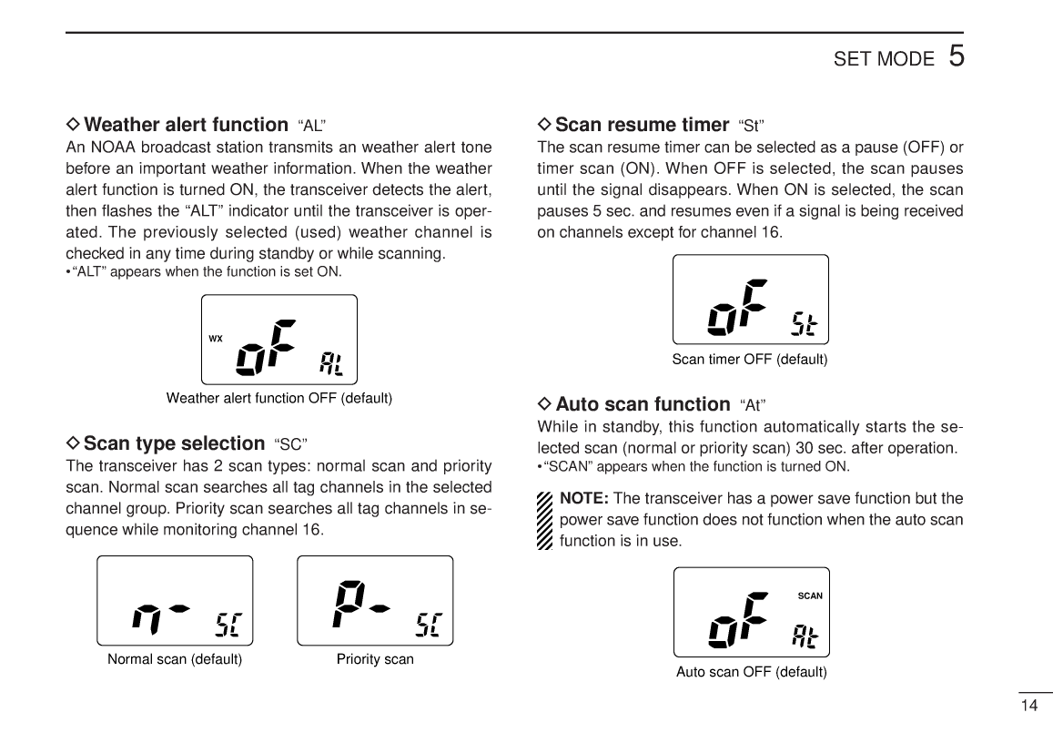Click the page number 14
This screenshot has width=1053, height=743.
1028,706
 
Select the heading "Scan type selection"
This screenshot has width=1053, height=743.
173,443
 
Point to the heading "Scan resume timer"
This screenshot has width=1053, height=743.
642,125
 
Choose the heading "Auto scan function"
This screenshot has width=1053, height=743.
643,403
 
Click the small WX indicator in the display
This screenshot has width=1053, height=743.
216,339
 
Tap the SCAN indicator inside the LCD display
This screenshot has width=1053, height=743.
809,596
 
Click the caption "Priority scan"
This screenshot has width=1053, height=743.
375,659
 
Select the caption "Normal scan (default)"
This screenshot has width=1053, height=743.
175,659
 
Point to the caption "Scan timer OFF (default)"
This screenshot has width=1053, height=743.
749,359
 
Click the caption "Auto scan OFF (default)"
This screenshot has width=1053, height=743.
751,672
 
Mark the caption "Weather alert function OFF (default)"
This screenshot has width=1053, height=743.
278,398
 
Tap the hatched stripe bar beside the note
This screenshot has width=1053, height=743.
545,521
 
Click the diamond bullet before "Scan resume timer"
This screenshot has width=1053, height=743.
544,125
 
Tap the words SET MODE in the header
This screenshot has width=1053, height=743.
883,60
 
